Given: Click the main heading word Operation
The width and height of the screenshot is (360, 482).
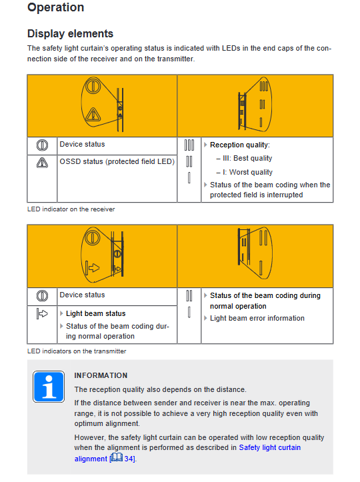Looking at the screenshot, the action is [55, 7].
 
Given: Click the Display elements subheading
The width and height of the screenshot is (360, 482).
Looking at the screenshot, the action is [71, 33].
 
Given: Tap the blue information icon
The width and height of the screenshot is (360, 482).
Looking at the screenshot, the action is [49, 387].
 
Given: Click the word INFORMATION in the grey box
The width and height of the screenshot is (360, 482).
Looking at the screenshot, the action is [101, 375].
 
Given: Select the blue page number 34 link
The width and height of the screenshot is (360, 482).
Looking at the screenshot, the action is [129, 459].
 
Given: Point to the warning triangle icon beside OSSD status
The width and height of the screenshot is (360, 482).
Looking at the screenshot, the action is [42, 163].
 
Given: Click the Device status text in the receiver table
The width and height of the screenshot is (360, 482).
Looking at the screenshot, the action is [82, 144].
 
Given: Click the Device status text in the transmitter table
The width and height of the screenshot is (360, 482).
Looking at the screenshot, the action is [82, 295].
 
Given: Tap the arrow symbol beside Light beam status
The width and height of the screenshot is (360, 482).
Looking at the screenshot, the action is [42, 313].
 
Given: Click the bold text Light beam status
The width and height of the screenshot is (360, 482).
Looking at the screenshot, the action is [95, 313].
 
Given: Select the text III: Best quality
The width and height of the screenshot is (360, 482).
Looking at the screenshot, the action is [247, 158].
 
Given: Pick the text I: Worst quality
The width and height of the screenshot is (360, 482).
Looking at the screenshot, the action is [247, 172].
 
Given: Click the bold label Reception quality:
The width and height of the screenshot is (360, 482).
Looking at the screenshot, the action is [240, 145].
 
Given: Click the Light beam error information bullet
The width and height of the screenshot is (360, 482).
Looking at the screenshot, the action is [257, 318].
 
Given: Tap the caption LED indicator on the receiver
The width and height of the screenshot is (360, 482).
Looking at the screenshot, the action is [71, 209].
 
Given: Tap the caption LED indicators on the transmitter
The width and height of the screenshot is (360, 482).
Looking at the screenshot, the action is [77, 351].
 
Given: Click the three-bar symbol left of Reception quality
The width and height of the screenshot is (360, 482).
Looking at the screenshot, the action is [189, 145].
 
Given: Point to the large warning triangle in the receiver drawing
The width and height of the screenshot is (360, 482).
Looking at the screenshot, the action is [93, 115].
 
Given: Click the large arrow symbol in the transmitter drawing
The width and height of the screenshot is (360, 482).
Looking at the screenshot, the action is [93, 267].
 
